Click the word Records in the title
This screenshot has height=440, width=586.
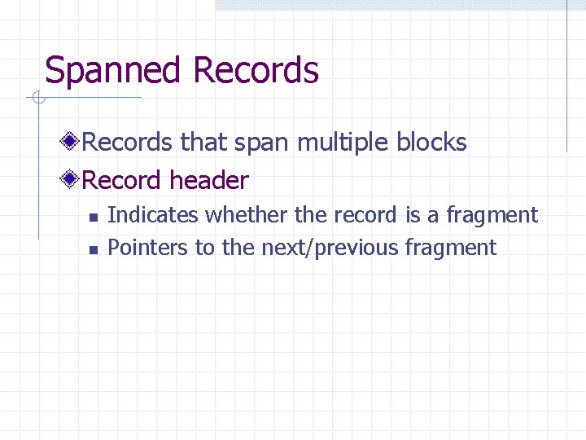click(x=256, y=71)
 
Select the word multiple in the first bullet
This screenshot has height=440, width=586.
click(x=343, y=143)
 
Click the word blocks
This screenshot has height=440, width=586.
click(x=431, y=143)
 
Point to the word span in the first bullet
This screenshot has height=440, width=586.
click(x=262, y=143)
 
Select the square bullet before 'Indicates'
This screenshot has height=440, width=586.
click(x=93, y=217)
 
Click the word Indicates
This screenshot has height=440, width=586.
click(x=153, y=215)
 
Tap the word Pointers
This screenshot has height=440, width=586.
click(x=147, y=248)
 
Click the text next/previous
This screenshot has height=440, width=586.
click(x=330, y=248)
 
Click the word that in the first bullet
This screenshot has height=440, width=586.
click(x=203, y=143)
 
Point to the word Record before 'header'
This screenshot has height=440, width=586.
click(x=122, y=179)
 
